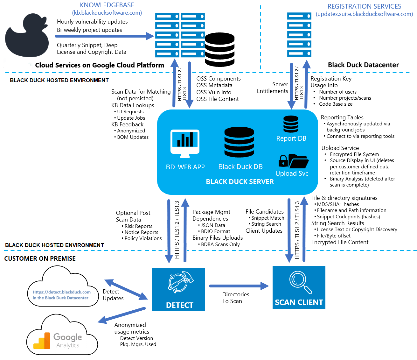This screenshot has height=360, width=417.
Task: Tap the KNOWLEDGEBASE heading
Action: click(107, 5)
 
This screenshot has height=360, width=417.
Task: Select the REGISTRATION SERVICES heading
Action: click(364, 6)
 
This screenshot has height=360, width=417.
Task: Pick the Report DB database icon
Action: click(291, 124)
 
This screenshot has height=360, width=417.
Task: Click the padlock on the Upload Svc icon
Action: click(283, 161)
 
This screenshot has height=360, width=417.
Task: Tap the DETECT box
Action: click(178, 289)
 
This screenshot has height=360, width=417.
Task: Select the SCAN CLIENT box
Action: click(299, 287)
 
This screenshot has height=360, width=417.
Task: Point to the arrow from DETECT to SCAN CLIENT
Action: click(239, 286)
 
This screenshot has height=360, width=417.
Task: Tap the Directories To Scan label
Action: click(235, 298)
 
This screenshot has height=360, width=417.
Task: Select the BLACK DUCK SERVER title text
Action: click(240, 182)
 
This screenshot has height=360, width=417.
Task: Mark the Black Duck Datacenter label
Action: click(363, 65)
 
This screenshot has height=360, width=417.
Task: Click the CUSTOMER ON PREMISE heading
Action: click(40, 258)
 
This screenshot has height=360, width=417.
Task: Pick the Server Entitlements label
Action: click(273, 88)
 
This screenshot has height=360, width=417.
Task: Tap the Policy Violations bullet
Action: click(143, 238)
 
